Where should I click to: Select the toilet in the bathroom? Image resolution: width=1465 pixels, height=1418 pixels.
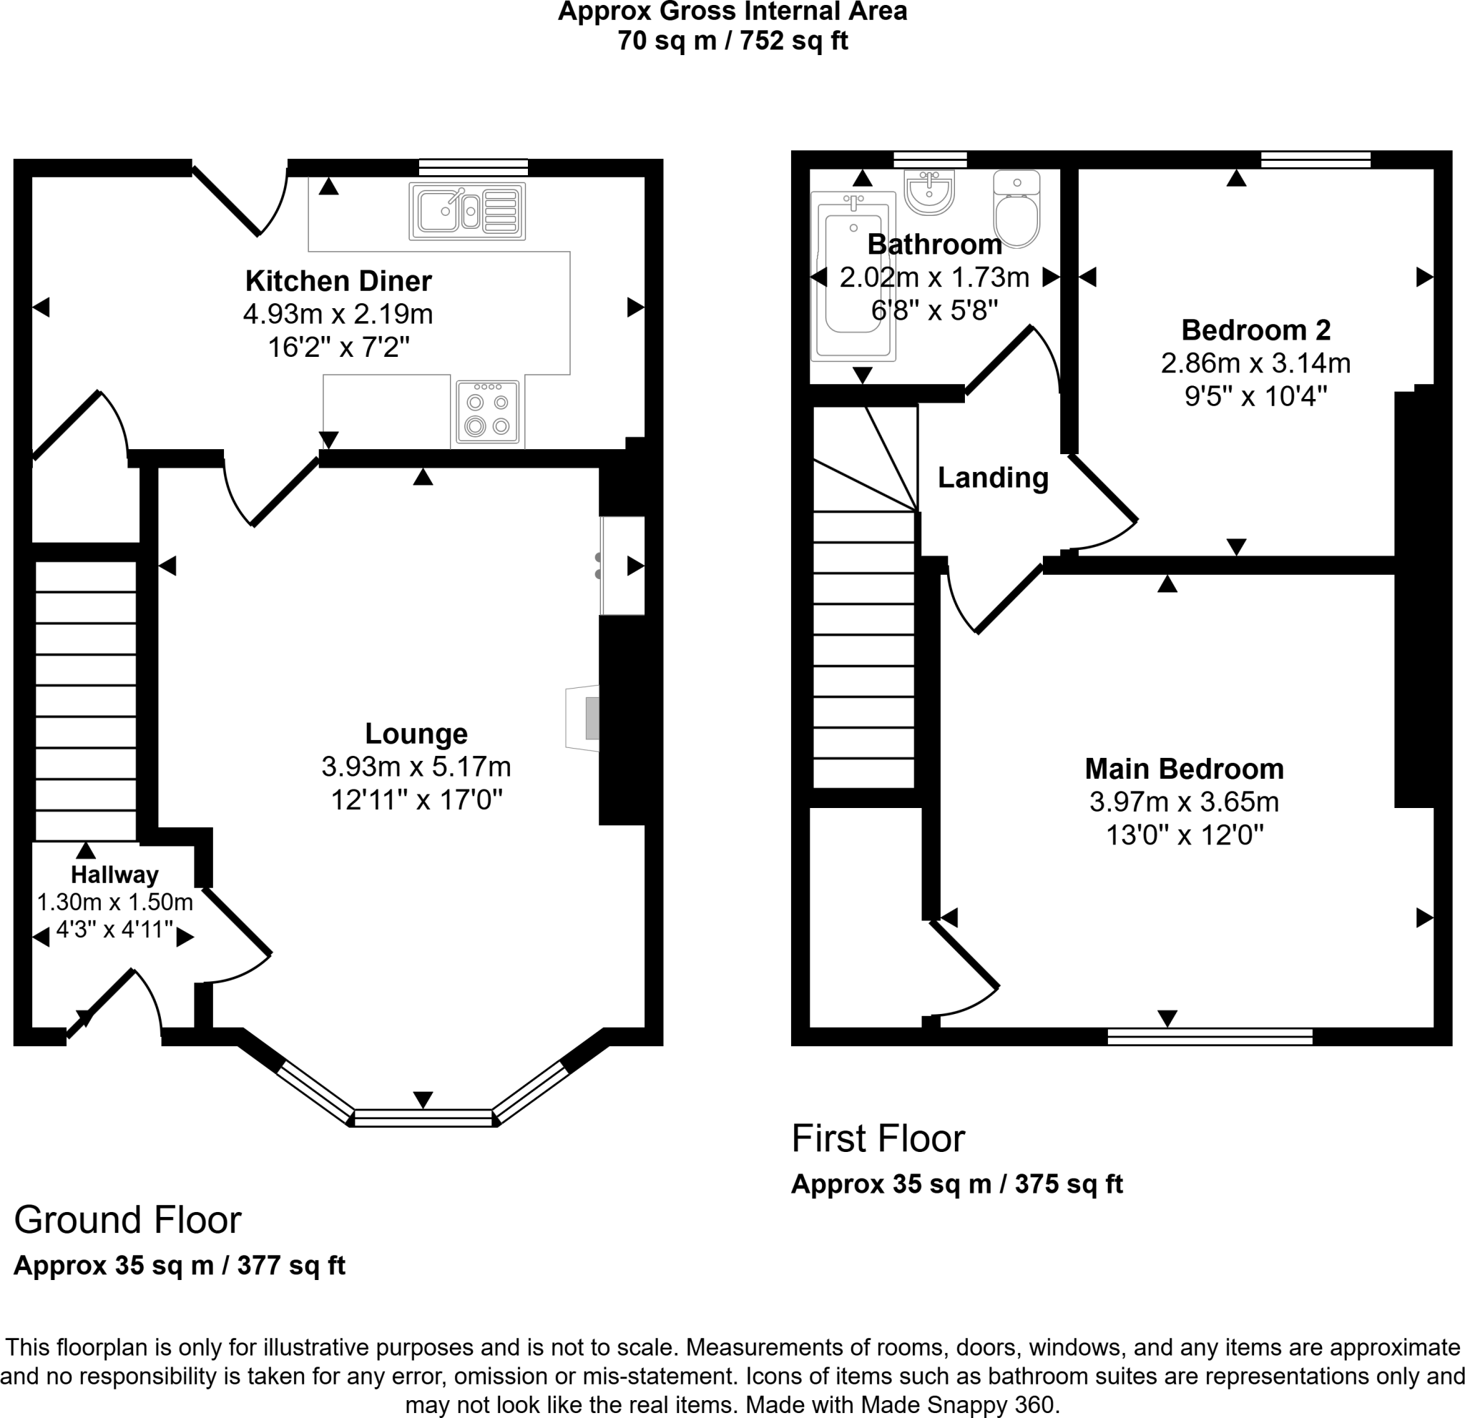click(1016, 210)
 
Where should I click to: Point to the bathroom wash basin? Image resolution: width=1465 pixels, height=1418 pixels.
click(929, 192)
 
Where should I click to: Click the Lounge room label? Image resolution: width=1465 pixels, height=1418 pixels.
click(416, 734)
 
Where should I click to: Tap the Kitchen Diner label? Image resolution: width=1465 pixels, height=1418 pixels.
click(338, 281)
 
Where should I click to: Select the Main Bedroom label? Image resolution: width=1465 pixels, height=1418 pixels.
click(1184, 769)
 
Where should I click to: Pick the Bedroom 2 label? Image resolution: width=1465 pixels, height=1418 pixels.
click(1255, 330)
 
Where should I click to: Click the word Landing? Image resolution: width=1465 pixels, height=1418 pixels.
click(993, 478)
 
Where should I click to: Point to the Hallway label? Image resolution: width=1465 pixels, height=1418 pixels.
click(114, 874)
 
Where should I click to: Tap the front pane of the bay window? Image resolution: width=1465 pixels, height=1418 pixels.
click(423, 1118)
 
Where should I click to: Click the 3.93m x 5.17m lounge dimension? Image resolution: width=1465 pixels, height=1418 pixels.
click(416, 767)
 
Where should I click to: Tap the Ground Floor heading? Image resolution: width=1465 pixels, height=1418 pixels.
click(128, 1220)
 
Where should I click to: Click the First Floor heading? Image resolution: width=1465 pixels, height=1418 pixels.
click(878, 1138)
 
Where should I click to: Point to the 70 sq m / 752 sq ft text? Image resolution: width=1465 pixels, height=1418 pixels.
click(732, 40)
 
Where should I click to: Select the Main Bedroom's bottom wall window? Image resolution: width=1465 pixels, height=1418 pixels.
click(1210, 1036)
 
